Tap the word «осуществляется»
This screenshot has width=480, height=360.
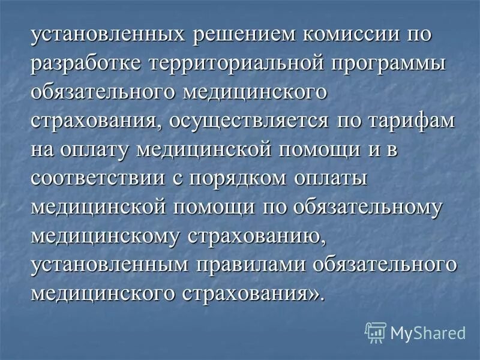(x=252, y=122)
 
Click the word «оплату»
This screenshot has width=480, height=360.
(x=106, y=151)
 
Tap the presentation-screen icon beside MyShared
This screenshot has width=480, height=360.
(x=376, y=332)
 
